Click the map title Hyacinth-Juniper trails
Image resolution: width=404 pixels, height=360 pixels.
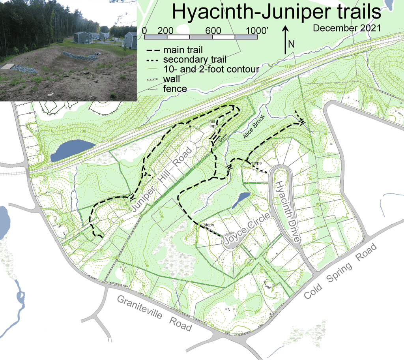pyautogui.click(x=277, y=12)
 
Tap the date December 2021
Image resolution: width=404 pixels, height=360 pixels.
pyautogui.click(x=347, y=28)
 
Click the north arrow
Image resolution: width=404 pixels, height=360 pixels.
pyautogui.click(x=287, y=39)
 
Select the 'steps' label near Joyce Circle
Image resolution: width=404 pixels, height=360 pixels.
pyautogui.click(x=209, y=225)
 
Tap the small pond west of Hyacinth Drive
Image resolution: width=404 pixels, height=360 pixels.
pyautogui.click(x=240, y=200)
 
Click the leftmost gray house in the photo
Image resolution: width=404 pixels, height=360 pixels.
pyautogui.click(x=82, y=37)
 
